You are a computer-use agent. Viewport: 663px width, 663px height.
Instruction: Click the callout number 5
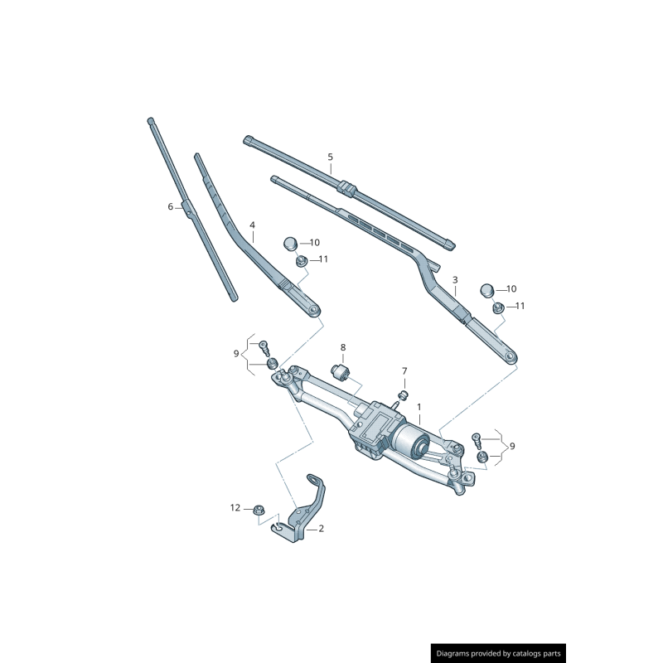tap(330, 157)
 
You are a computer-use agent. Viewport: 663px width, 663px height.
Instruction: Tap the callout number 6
tap(171, 206)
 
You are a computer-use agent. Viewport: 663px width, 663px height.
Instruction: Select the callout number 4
tap(253, 225)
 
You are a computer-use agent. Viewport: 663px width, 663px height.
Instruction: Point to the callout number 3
tap(455, 279)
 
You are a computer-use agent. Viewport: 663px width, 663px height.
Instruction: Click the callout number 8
tap(343, 347)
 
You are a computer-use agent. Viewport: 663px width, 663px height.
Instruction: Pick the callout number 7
tap(404, 370)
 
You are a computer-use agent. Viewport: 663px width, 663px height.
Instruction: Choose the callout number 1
tap(419, 407)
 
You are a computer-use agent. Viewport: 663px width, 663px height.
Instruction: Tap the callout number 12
tap(235, 507)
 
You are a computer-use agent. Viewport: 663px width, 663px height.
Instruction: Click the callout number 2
tap(322, 528)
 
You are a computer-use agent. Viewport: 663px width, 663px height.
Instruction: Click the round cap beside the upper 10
tap(290, 244)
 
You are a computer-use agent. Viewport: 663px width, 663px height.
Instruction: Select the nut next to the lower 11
tap(498, 307)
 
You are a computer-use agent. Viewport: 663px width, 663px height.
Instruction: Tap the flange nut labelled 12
tap(257, 511)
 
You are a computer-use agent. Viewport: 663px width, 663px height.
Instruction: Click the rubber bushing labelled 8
tap(341, 372)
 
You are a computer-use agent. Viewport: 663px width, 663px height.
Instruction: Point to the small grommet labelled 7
tap(404, 395)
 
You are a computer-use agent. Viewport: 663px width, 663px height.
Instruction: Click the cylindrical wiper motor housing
tap(409, 442)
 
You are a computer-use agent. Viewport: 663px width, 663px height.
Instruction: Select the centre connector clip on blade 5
tap(347, 187)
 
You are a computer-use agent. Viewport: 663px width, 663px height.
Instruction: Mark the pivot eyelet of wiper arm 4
tap(313, 310)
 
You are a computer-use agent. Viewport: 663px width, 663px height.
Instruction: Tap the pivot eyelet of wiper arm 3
tap(510, 358)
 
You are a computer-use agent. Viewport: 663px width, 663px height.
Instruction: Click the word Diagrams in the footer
tap(452, 653)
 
